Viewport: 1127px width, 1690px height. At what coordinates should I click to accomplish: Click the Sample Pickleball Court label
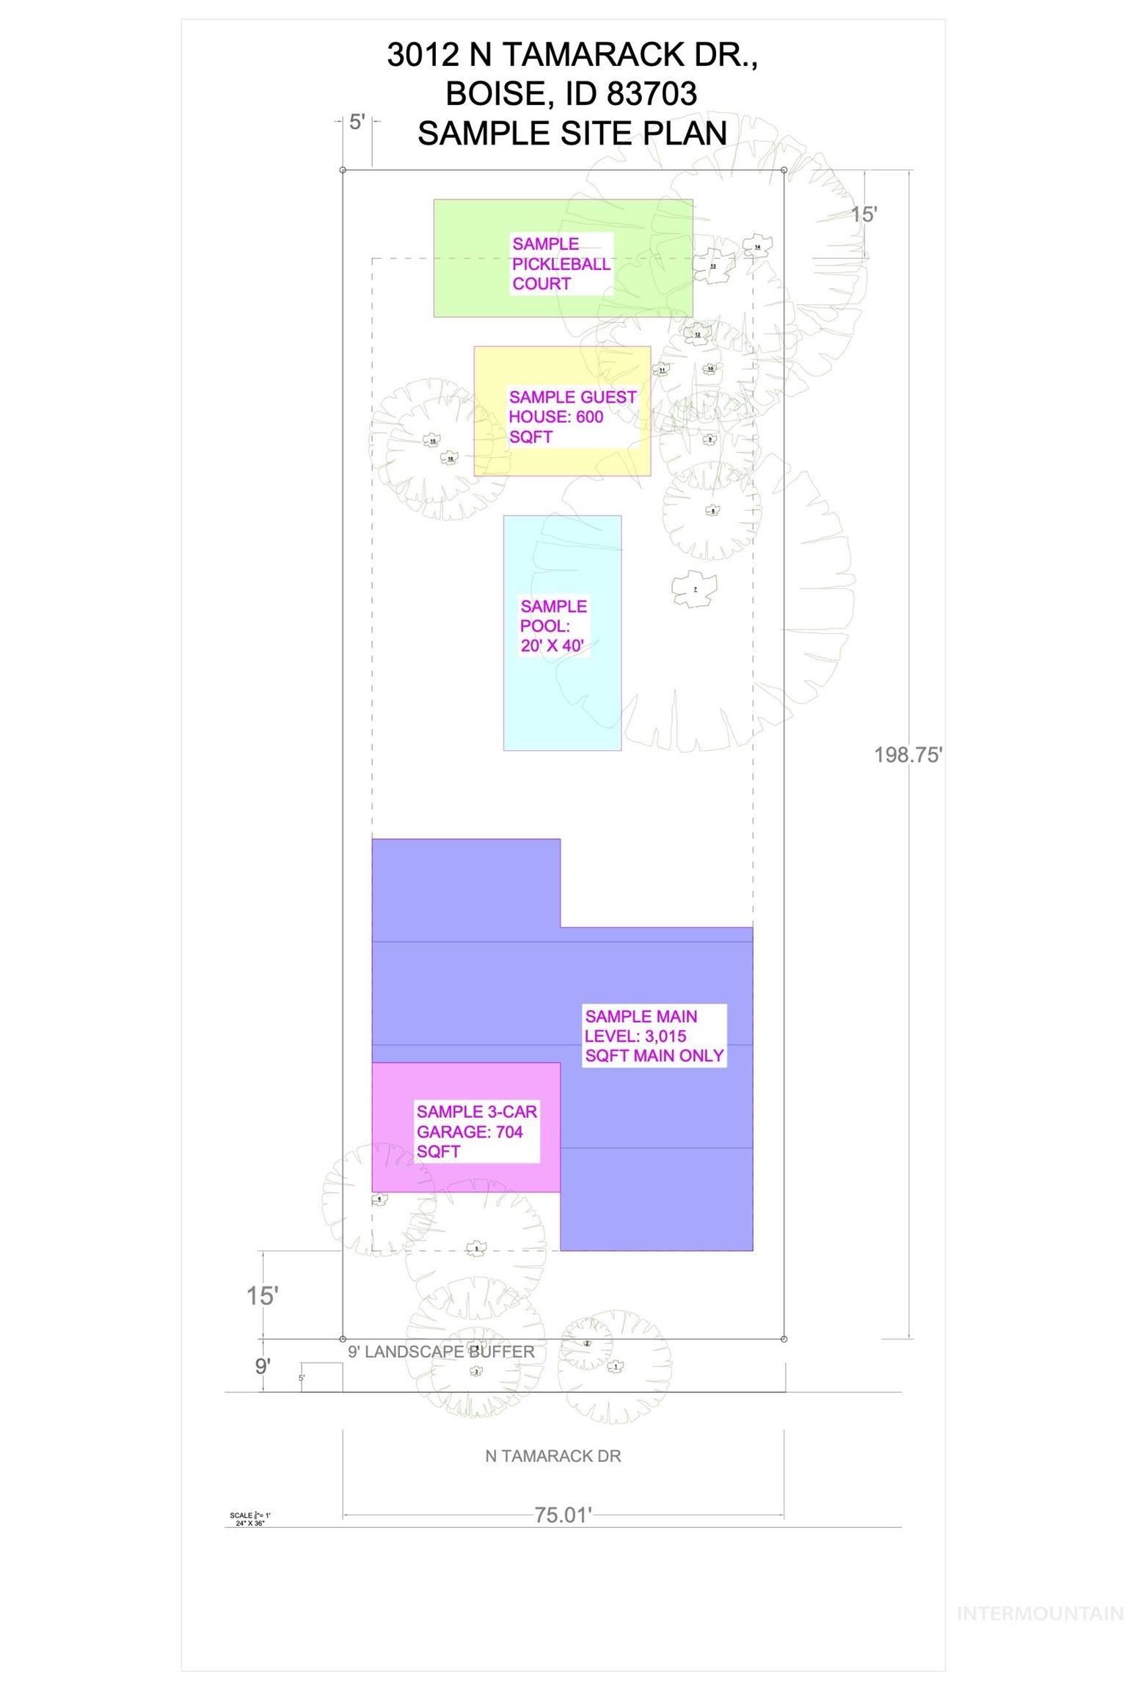point(561,264)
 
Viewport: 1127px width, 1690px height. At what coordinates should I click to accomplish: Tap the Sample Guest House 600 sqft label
point(572,417)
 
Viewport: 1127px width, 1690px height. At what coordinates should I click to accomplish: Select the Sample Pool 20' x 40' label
point(554,626)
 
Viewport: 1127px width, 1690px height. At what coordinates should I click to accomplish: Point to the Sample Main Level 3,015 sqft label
point(654,1036)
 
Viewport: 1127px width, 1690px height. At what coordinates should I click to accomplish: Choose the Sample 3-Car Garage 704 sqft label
point(476,1131)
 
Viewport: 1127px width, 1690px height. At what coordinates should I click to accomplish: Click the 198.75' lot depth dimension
point(908,755)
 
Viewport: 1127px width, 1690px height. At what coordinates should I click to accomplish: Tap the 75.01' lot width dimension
point(563,1515)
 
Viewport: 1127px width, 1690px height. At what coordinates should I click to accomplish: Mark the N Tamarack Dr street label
point(553,1455)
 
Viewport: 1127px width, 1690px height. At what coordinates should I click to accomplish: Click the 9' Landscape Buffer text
point(441,1351)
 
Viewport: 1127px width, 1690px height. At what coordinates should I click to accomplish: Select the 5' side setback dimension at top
point(357,122)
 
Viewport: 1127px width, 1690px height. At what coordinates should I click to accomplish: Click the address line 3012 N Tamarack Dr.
point(572,55)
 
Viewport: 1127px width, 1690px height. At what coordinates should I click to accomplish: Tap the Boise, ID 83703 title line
point(572,94)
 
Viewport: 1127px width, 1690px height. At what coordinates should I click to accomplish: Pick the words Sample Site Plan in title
point(572,133)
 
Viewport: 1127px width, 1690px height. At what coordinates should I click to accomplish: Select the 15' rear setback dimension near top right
point(864,214)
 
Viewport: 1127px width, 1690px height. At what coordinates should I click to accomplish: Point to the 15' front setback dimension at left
point(262,1295)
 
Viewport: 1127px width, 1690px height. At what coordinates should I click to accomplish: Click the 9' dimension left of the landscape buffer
point(263,1366)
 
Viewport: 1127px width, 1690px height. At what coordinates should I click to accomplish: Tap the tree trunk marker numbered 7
point(695,589)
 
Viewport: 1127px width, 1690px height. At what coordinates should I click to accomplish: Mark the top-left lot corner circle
point(343,170)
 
